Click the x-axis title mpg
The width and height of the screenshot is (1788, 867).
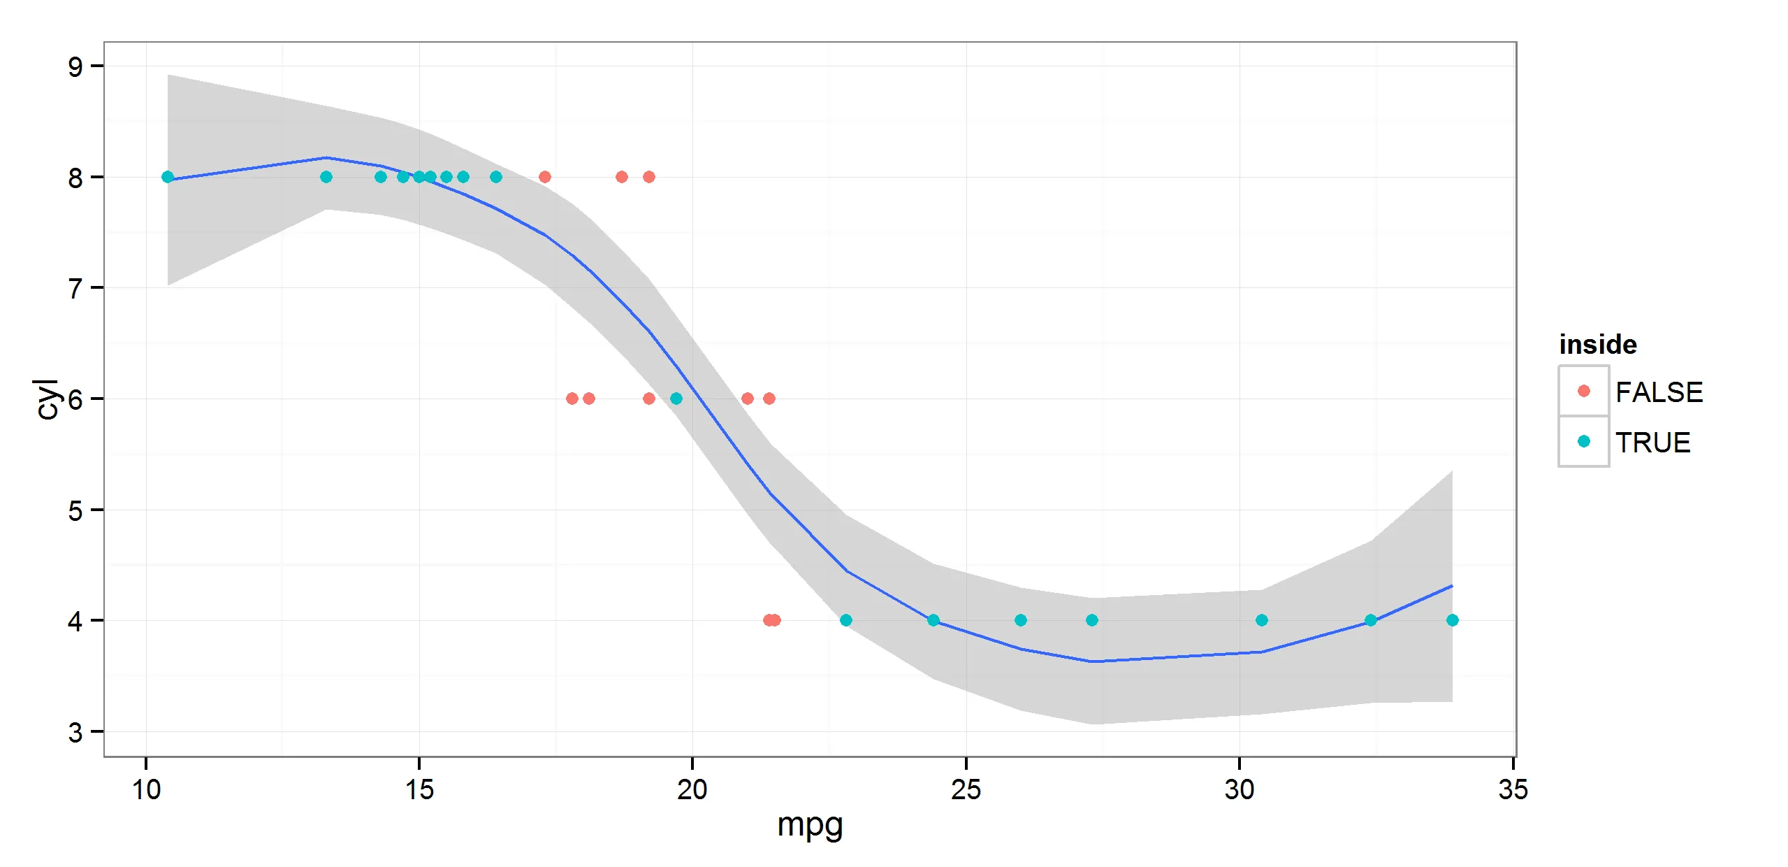point(810,826)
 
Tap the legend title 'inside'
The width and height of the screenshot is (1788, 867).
point(1597,345)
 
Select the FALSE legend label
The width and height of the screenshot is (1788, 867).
point(1659,392)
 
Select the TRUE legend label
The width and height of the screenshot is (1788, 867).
point(1652,443)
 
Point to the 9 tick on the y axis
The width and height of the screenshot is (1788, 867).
point(75,67)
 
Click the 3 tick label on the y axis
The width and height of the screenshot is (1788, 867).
point(75,733)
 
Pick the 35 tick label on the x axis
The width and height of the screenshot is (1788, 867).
point(1513,789)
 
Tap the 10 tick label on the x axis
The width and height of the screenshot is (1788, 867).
point(146,789)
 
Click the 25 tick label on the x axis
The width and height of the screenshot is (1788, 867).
point(966,789)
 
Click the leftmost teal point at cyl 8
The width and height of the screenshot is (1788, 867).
point(168,177)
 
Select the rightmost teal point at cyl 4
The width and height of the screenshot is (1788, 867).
point(1452,620)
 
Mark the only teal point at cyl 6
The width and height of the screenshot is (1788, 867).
point(676,399)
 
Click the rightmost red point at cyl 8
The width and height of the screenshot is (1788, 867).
point(648,177)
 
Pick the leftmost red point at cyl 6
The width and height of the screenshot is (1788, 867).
point(572,399)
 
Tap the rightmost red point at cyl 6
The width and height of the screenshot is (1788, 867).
point(769,399)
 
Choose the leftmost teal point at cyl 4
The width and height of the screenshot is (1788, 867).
point(845,620)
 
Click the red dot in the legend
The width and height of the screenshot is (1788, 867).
point(1584,391)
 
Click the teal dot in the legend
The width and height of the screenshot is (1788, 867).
point(1584,441)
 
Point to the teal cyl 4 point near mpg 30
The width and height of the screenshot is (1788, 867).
point(1261,620)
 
